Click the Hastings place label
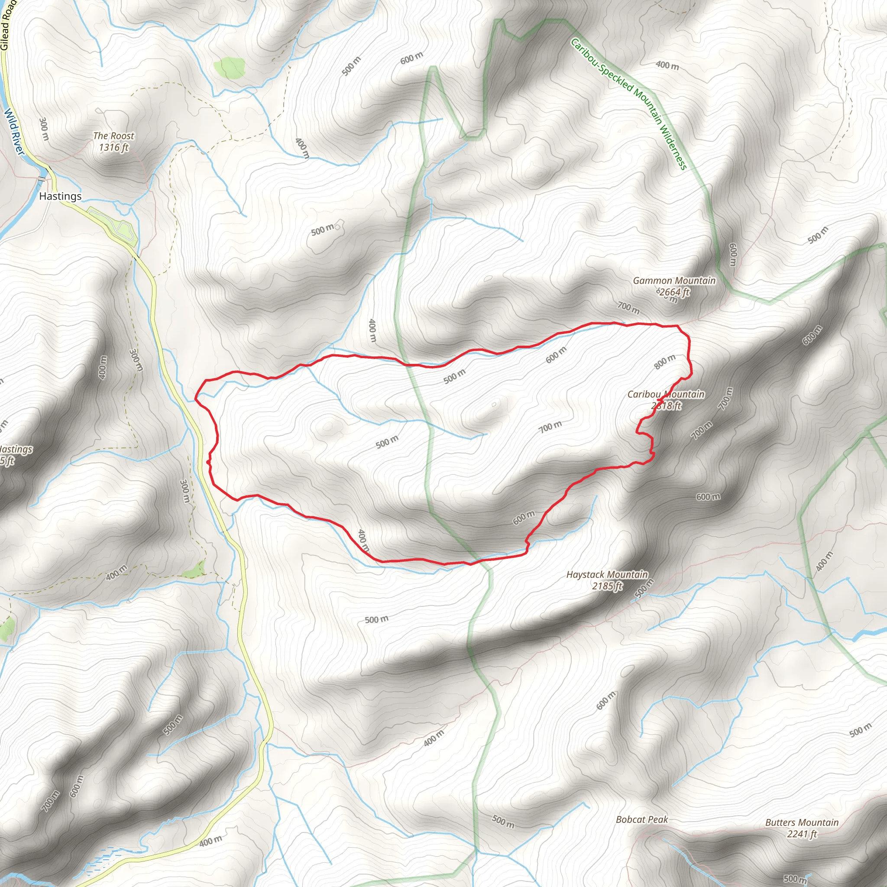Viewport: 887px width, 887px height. point(60,196)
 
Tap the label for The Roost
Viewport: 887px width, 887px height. point(113,136)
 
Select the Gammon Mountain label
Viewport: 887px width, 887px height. point(674,281)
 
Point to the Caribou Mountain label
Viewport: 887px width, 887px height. point(666,394)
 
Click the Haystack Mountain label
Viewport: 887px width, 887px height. point(607,574)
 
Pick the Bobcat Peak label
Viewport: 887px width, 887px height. point(642,819)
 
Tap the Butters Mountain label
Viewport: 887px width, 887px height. point(802,822)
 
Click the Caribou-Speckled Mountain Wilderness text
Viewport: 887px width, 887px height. point(628,104)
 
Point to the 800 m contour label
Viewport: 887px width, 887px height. point(665,362)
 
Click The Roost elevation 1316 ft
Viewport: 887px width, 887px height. point(113,147)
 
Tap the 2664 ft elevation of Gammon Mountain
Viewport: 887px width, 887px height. point(674,292)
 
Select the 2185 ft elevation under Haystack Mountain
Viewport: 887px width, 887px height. point(607,586)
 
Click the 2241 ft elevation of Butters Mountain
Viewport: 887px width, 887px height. point(802,834)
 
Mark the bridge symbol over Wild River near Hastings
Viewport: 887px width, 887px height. point(42,178)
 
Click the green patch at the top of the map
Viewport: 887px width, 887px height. point(230,68)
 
